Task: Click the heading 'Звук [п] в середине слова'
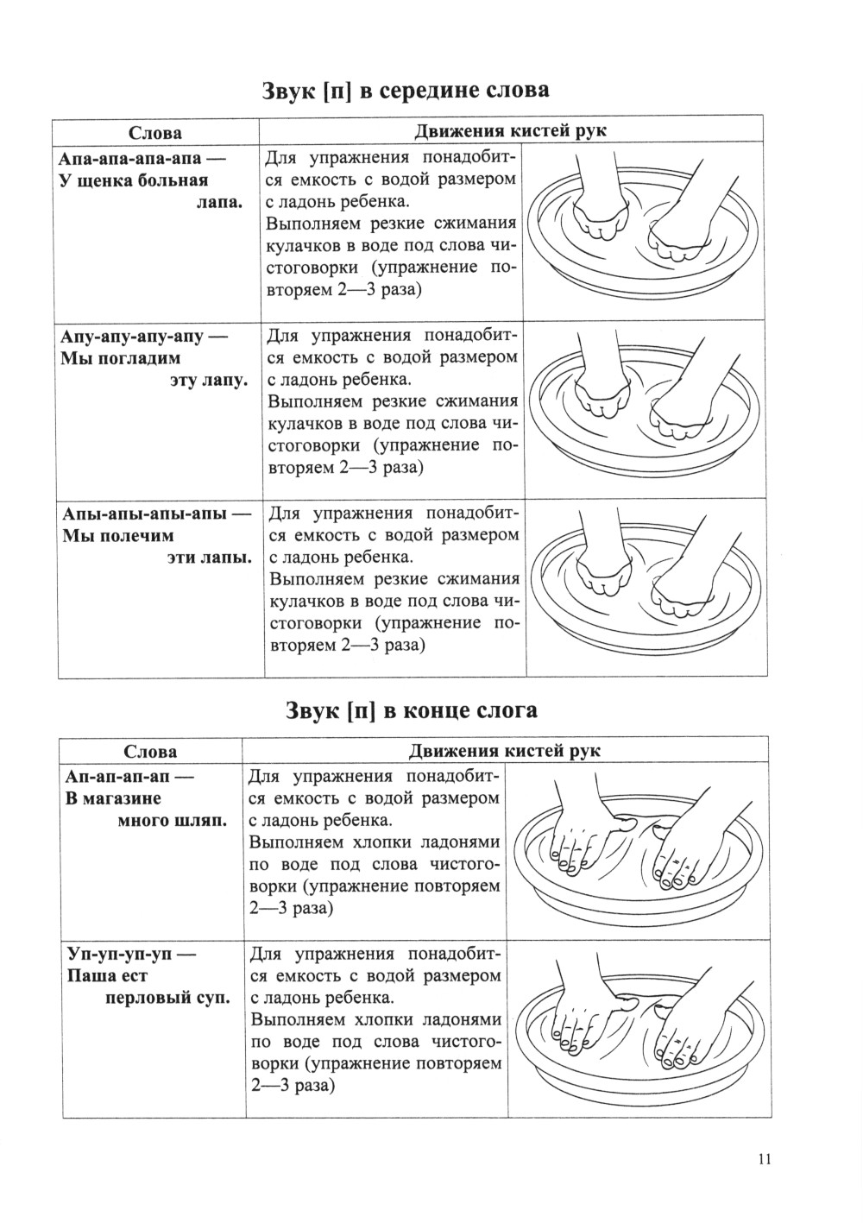coord(406,91)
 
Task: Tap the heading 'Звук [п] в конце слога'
coord(411,710)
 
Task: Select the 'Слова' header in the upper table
coord(155,133)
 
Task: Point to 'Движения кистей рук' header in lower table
coord(505,751)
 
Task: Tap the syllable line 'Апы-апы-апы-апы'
coord(143,514)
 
